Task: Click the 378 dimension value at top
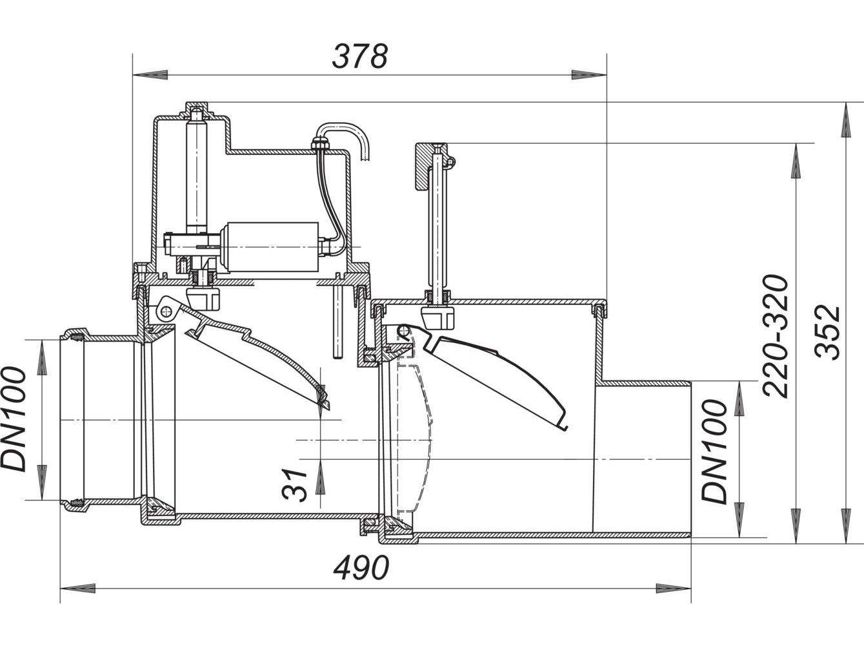[359, 57]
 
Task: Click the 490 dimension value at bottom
[361, 568]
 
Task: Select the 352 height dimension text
[828, 331]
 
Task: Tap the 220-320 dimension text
[775, 336]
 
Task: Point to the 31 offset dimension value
[296, 484]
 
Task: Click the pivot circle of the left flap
[166, 311]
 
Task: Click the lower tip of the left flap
[325, 404]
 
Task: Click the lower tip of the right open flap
[562, 426]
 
